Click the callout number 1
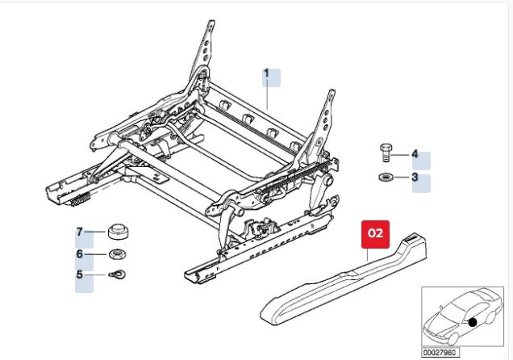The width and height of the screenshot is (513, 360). tap(266, 73)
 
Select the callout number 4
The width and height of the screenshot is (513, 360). tap(415, 153)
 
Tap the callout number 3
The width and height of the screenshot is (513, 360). tap(415, 177)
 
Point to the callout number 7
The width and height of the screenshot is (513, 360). tap(80, 232)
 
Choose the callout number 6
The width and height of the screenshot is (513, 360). tap(80, 254)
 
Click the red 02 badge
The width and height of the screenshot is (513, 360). tap(376, 233)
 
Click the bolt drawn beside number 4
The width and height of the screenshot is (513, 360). tap(386, 153)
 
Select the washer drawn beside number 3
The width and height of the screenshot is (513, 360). tap(386, 177)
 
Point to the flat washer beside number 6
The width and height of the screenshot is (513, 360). tap(116, 256)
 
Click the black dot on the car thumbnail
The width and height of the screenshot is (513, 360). tap(471, 322)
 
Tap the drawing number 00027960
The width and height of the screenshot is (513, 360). tap(439, 352)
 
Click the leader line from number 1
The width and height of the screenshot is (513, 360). tap(268, 95)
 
